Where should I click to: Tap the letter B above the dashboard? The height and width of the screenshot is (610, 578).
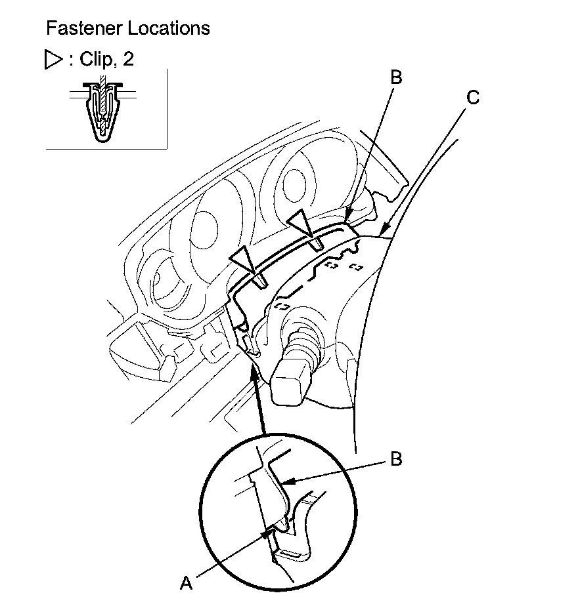[x=395, y=77]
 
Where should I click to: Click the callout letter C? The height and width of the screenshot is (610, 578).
[x=473, y=98]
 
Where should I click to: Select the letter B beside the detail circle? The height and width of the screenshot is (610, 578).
[x=395, y=459]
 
